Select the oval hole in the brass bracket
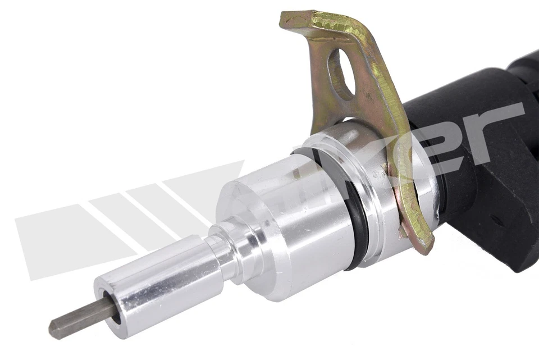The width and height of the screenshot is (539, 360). (342, 73)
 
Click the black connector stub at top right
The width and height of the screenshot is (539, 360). (525, 65)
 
